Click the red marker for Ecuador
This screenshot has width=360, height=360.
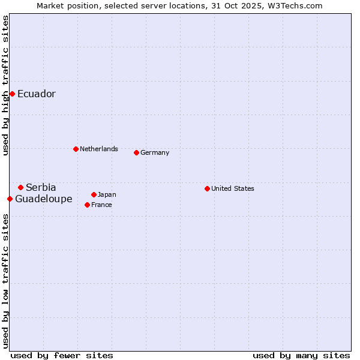pos(12,94)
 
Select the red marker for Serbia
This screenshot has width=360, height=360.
pos(20,188)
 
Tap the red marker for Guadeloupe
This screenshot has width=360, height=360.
pos(10,199)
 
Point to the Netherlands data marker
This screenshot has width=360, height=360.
pos(76,149)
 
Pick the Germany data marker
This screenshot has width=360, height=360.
pos(136,152)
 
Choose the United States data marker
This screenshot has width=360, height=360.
pos(207,188)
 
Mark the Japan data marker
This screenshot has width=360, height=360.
pos(94,194)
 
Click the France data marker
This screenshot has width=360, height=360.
pos(87,205)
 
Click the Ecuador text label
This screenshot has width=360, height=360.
pos(37,94)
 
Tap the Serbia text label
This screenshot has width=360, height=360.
pos(41,188)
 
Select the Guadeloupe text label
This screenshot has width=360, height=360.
pos(44,199)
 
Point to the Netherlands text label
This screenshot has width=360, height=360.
pos(99,149)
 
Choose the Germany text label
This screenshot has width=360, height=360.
pos(155,152)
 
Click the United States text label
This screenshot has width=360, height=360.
pos(233,188)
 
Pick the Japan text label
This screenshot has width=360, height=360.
pos(107,194)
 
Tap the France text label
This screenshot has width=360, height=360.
pos(102,205)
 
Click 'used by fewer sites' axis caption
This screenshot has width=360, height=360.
pos(62,355)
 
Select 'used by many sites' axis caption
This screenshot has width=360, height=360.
pos(301,355)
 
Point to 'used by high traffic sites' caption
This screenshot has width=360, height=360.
pos(5,86)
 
